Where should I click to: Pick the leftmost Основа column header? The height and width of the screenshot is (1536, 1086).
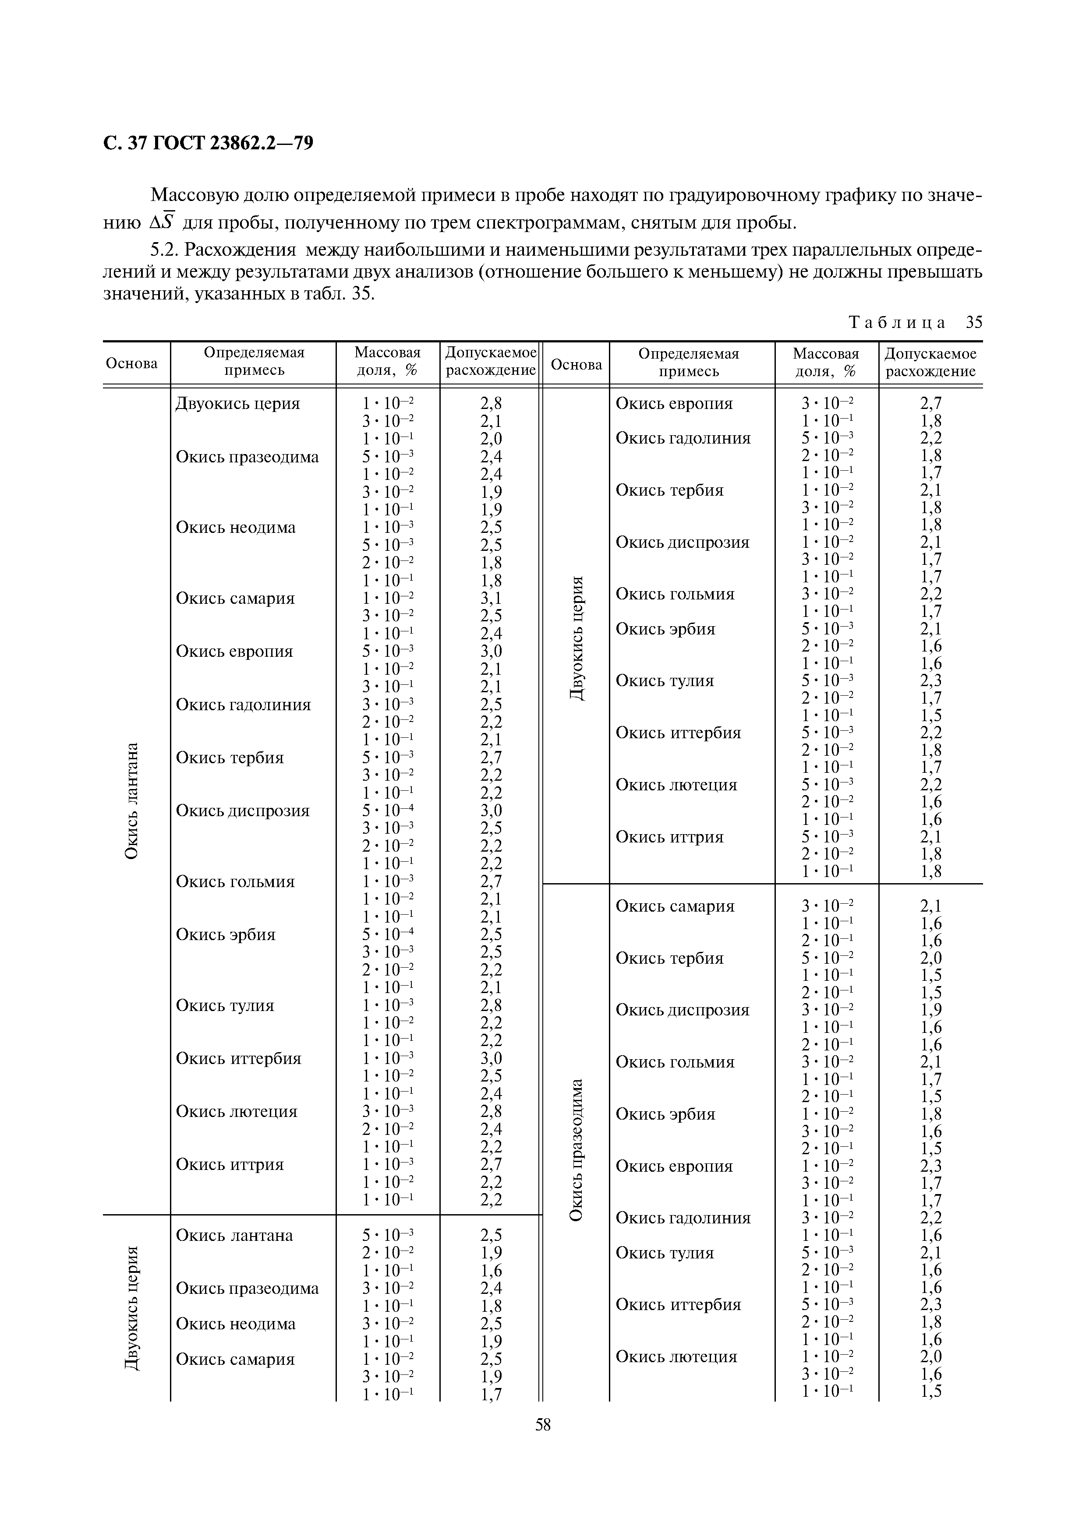click(x=132, y=363)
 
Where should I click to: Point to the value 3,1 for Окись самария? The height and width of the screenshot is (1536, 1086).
click(x=491, y=598)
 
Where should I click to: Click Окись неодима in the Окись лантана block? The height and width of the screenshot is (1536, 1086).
click(x=236, y=527)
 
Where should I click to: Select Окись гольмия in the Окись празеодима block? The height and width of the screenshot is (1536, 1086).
click(x=675, y=1062)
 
